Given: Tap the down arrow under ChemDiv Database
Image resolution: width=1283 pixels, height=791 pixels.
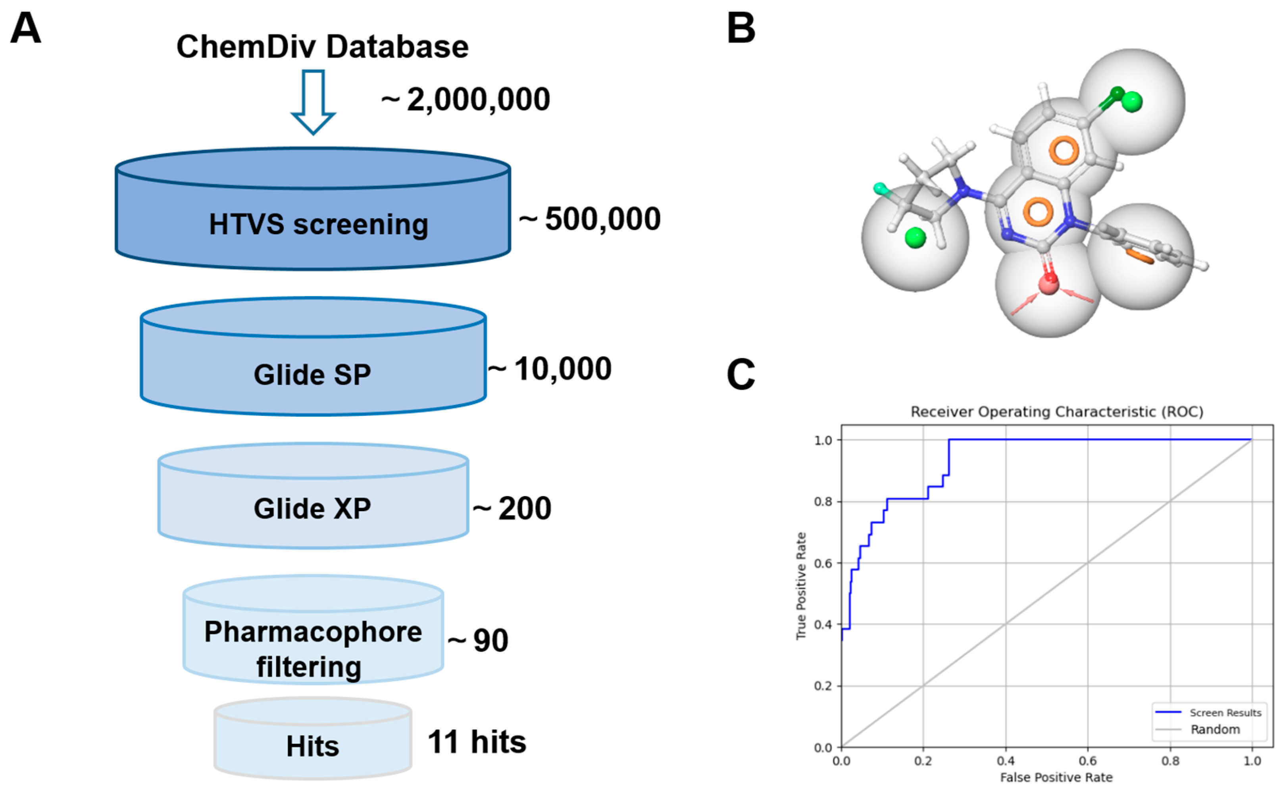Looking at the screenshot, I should click(313, 102).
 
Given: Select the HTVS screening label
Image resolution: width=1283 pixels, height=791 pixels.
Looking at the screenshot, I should click(319, 224).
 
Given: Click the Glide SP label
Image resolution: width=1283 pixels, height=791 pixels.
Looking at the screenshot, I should click(312, 375).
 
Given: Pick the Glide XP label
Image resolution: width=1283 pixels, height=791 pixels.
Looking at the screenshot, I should click(312, 508).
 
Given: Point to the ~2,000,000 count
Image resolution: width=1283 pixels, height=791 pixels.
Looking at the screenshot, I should click(465, 99).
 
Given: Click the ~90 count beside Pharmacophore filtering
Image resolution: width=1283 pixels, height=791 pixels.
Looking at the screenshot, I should click(478, 640).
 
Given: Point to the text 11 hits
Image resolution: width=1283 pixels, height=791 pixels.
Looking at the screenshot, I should click(477, 742).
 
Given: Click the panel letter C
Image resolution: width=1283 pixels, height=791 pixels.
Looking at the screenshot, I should click(741, 375).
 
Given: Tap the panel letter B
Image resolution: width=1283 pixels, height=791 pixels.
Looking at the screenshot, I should click(741, 28).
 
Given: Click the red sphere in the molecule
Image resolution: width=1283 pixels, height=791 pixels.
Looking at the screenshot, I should click(1048, 285).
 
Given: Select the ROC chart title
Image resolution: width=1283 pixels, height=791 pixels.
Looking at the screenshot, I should click(1056, 412).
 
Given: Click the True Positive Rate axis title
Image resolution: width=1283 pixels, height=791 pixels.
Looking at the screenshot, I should click(801, 586).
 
